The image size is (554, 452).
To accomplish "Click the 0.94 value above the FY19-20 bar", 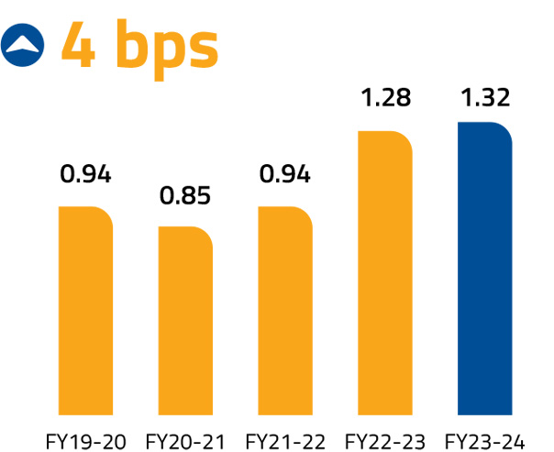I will (85, 174).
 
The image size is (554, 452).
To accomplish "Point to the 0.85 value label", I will (185, 195).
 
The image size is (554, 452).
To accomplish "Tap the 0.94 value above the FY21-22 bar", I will (285, 174).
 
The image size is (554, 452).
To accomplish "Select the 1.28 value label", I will (385, 98).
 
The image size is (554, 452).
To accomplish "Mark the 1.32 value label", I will (485, 98).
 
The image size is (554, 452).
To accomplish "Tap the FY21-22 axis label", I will (286, 441).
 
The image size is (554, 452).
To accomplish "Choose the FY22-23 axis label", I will (385, 441).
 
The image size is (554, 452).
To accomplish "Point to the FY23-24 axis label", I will (485, 441).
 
